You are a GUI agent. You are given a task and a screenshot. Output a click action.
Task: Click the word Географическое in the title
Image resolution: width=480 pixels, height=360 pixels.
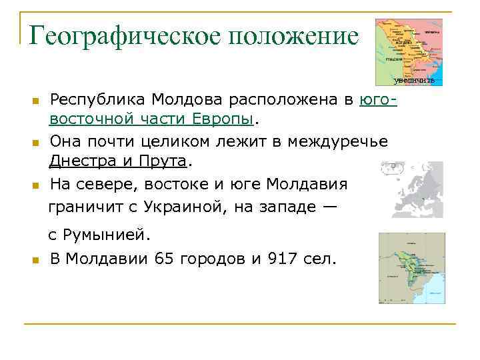(x=123, y=35)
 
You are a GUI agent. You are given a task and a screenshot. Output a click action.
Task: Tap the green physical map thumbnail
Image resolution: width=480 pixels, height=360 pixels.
(x=411, y=268)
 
